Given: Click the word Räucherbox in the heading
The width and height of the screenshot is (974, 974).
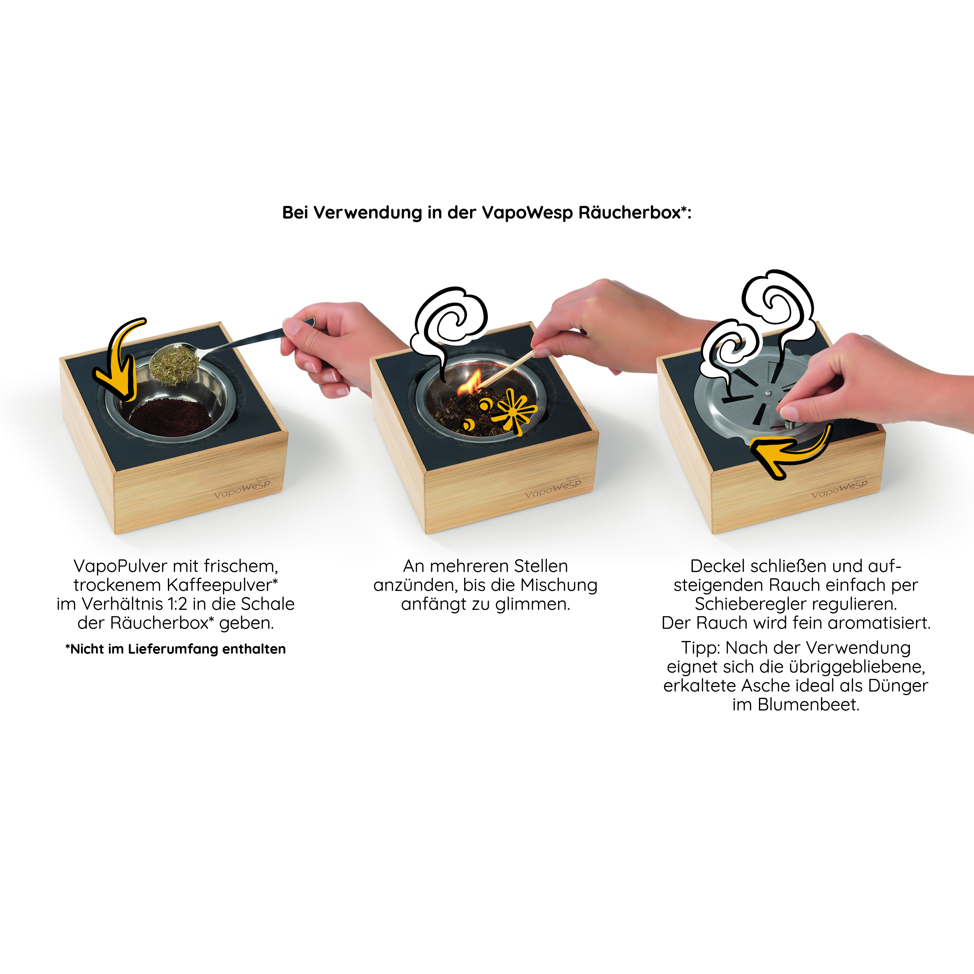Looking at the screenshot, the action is tap(630, 213).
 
